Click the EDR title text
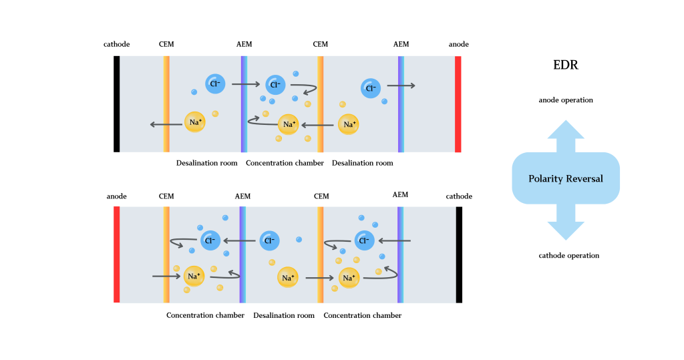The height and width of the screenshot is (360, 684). click(x=566, y=65)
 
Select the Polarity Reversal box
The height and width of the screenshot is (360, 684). click(x=566, y=178)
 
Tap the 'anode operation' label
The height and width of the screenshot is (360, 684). click(x=566, y=100)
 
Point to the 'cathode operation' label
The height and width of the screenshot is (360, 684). click(x=568, y=255)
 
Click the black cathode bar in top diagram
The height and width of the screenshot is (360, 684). click(x=117, y=104)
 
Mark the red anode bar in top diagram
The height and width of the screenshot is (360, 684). click(x=458, y=104)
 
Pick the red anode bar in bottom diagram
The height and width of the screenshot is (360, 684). click(x=117, y=254)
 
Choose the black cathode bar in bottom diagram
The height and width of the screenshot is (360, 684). click(x=459, y=254)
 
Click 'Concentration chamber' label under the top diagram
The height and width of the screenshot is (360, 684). click(x=285, y=163)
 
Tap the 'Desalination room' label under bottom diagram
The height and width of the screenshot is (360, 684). click(x=284, y=315)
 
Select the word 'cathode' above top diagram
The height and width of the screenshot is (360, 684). click(x=117, y=44)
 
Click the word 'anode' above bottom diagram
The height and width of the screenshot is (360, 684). click(x=117, y=196)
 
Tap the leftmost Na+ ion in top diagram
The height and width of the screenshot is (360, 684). click(x=195, y=123)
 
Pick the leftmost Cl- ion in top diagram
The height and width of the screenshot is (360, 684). click(x=215, y=83)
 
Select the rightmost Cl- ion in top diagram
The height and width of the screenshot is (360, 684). click(x=371, y=87)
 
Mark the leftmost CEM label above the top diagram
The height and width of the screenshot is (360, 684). click(x=166, y=44)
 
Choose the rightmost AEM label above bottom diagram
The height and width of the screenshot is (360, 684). click(x=400, y=195)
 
